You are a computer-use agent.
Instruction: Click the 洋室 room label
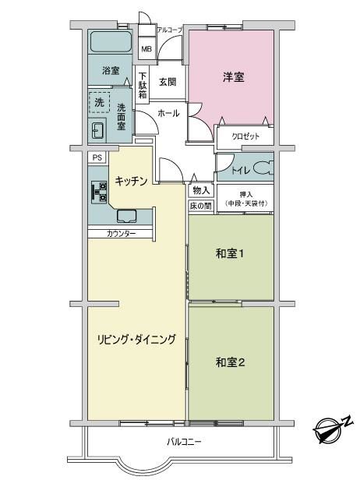234,77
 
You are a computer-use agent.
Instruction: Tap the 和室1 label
230,253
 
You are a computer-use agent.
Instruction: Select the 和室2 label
230,362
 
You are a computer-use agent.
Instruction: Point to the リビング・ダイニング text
136,339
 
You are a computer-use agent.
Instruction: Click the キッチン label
132,182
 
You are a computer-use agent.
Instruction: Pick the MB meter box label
146,49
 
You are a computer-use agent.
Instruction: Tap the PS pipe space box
97,157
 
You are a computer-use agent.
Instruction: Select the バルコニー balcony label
184,442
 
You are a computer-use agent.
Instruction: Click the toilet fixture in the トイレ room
263,168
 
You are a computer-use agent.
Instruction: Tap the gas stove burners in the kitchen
99,192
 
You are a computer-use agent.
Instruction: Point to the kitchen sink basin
126,216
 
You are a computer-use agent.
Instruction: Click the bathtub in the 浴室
111,42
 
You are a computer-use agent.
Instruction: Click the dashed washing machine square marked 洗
99,102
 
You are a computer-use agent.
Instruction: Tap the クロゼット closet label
245,136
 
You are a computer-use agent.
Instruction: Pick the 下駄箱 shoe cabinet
143,85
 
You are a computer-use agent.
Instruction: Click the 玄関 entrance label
168,82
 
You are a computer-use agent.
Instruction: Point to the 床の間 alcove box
201,206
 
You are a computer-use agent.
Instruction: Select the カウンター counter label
122,234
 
